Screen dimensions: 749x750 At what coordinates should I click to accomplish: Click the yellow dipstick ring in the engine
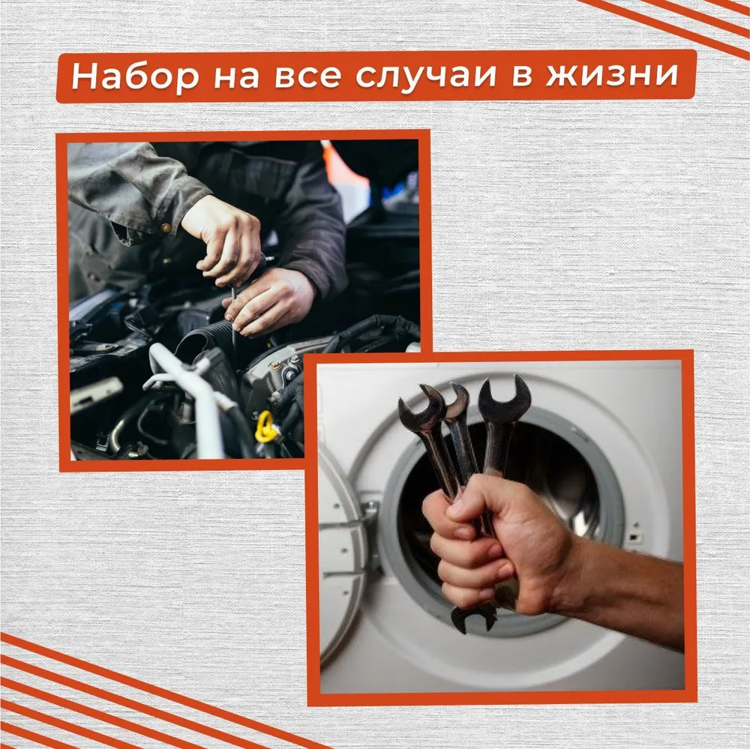(x=265, y=427)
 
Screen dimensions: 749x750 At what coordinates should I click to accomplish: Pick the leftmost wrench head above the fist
(x=420, y=409)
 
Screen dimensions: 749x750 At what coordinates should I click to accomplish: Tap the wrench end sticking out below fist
(x=473, y=616)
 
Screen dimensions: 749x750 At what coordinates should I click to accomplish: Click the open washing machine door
(x=341, y=555)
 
